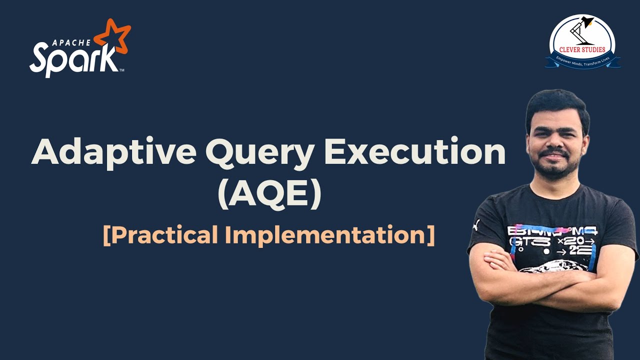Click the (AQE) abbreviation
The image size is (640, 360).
coord(269,195)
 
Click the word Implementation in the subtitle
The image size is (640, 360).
coord(330,235)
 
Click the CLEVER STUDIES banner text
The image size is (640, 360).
coord(582,49)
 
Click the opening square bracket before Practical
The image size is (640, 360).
coord(106,235)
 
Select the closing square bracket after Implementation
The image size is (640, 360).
coord(430,235)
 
